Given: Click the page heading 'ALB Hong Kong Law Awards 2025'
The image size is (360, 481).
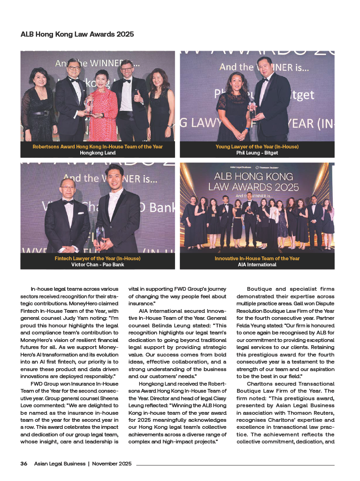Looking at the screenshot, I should (x=77, y=34).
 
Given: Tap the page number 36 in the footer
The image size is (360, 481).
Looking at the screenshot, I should (x=23, y=464).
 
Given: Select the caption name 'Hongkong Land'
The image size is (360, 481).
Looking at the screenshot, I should (x=98, y=153).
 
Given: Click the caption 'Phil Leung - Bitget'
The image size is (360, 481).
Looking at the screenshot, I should (x=257, y=153).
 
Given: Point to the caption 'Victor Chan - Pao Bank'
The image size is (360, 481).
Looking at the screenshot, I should (x=98, y=264).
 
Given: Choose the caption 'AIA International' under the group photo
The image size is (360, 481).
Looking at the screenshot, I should (x=257, y=264).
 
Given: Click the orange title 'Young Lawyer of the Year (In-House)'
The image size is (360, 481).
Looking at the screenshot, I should (x=257, y=147).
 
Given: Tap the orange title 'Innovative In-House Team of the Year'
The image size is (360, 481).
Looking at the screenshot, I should (x=257, y=258).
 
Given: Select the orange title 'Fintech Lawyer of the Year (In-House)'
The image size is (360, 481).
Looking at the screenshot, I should (x=98, y=258).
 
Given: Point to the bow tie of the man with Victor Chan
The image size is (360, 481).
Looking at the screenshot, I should (x=69, y=202).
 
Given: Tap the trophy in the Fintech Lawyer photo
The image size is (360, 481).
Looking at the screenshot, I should (x=100, y=233).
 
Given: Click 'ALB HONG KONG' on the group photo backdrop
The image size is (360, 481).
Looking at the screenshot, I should (x=257, y=177).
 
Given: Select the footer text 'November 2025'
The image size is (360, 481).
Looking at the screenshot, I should (x=112, y=464).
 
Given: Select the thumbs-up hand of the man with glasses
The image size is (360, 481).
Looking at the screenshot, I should (x=137, y=99).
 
